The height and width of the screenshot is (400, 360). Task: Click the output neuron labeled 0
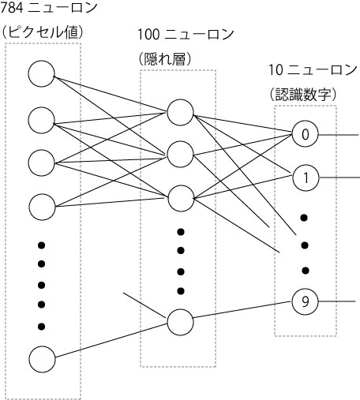[306, 134]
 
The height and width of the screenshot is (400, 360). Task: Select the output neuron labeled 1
[306, 178]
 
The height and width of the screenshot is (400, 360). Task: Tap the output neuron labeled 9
[305, 301]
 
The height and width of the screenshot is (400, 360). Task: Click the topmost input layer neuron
[41, 73]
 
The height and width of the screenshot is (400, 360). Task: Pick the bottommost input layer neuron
[42, 359]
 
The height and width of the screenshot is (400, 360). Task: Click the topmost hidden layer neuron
[180, 112]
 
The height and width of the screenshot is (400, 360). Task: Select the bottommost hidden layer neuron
[180, 322]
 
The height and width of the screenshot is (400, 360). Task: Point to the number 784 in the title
[12, 8]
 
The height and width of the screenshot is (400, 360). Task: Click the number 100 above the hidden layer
[148, 35]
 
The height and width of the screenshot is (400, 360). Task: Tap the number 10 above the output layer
[276, 70]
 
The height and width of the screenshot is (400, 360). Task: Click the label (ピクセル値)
[42, 32]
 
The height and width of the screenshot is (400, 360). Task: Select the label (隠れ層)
[165, 59]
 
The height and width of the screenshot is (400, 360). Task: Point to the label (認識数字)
[303, 94]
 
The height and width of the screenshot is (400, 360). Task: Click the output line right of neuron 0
[339, 135]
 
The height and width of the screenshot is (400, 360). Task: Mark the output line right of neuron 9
[337, 301]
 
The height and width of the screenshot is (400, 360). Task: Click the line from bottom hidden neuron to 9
[242, 309]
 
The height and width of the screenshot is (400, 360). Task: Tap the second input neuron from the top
[41, 120]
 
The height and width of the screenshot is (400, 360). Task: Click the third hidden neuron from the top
[181, 198]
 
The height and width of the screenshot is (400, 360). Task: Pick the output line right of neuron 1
[339, 178]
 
